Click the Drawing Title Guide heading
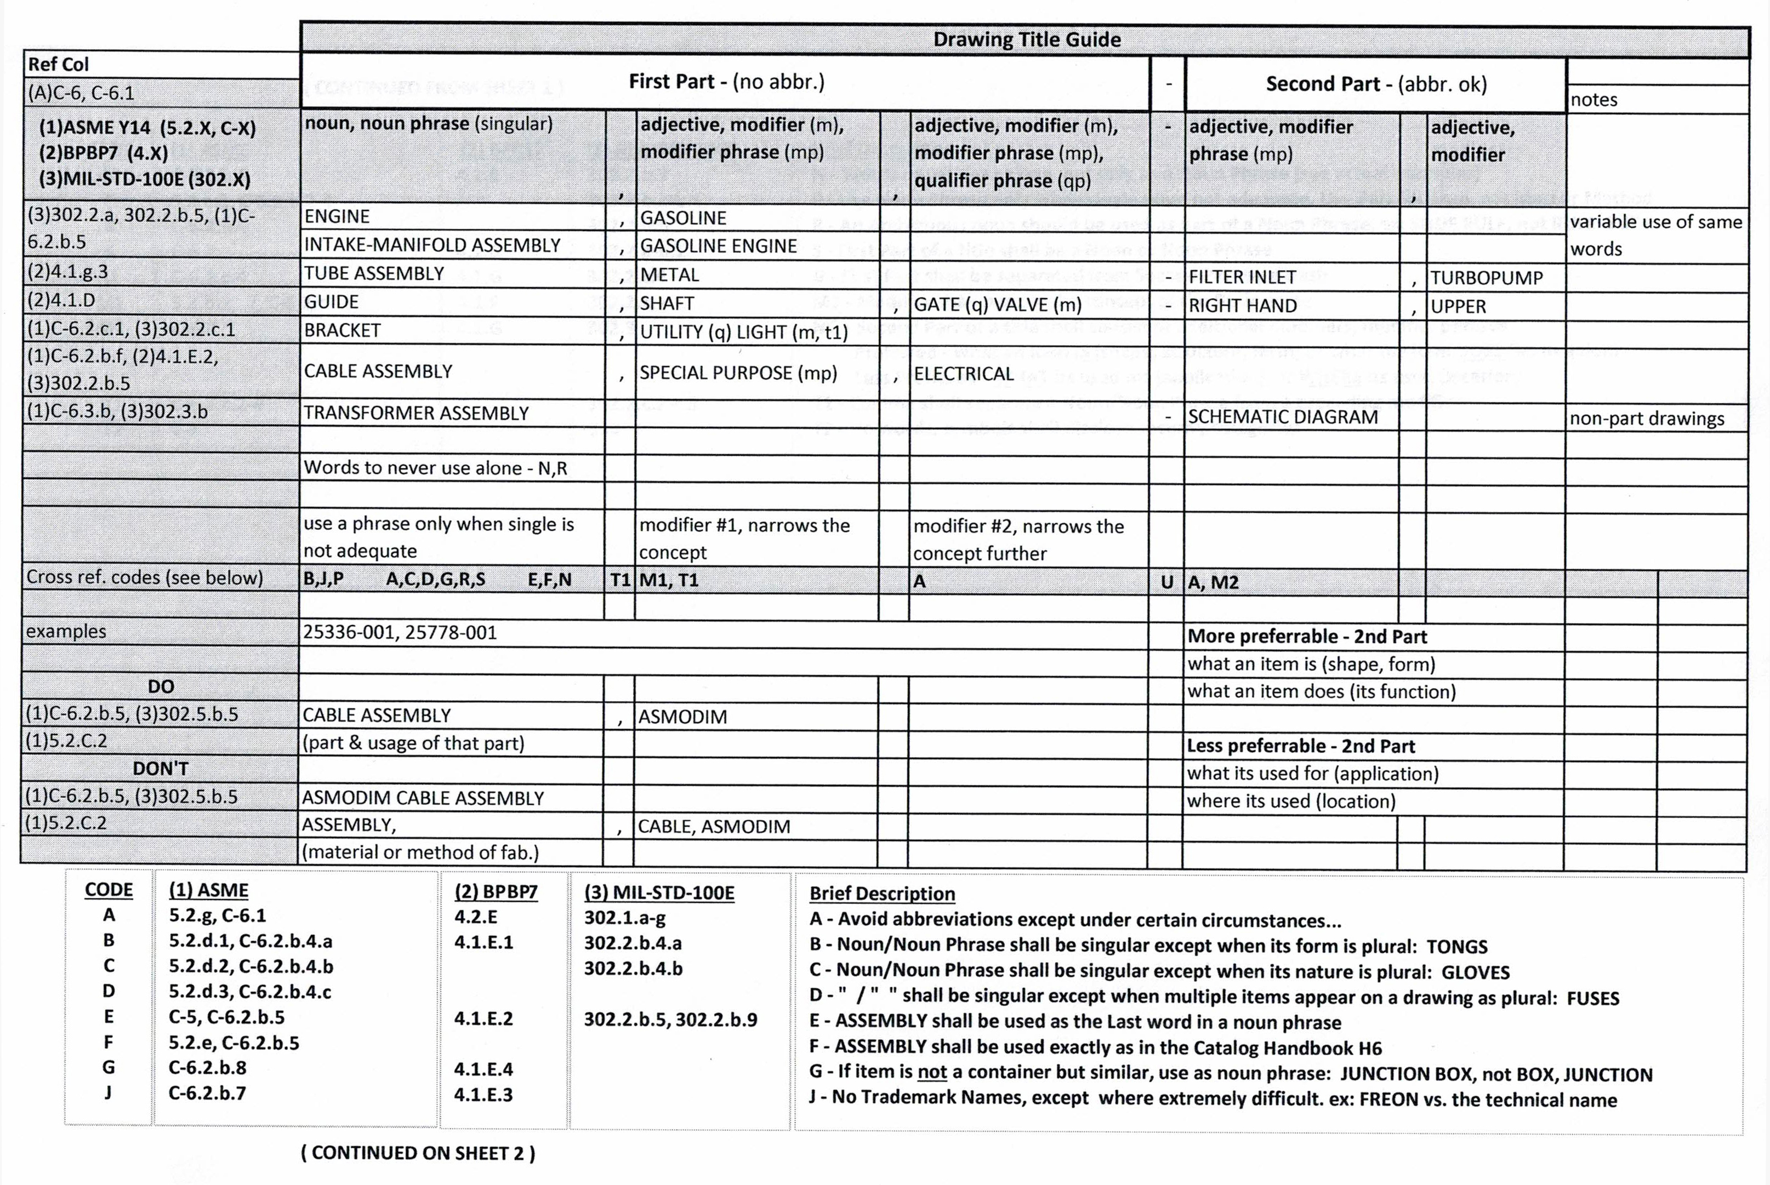click(x=1026, y=39)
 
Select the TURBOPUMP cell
click(x=1486, y=278)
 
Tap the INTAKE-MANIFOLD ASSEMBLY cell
click(x=432, y=245)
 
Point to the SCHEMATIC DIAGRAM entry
click(x=1282, y=417)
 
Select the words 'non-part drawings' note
click(x=1646, y=419)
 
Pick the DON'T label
click(x=160, y=769)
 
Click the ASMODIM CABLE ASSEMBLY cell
click(x=423, y=798)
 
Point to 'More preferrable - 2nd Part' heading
click(x=1306, y=637)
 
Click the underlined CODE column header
click(x=109, y=890)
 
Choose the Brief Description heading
click(x=881, y=894)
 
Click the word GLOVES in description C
click(x=1475, y=972)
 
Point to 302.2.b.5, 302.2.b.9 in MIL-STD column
click(x=670, y=1020)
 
